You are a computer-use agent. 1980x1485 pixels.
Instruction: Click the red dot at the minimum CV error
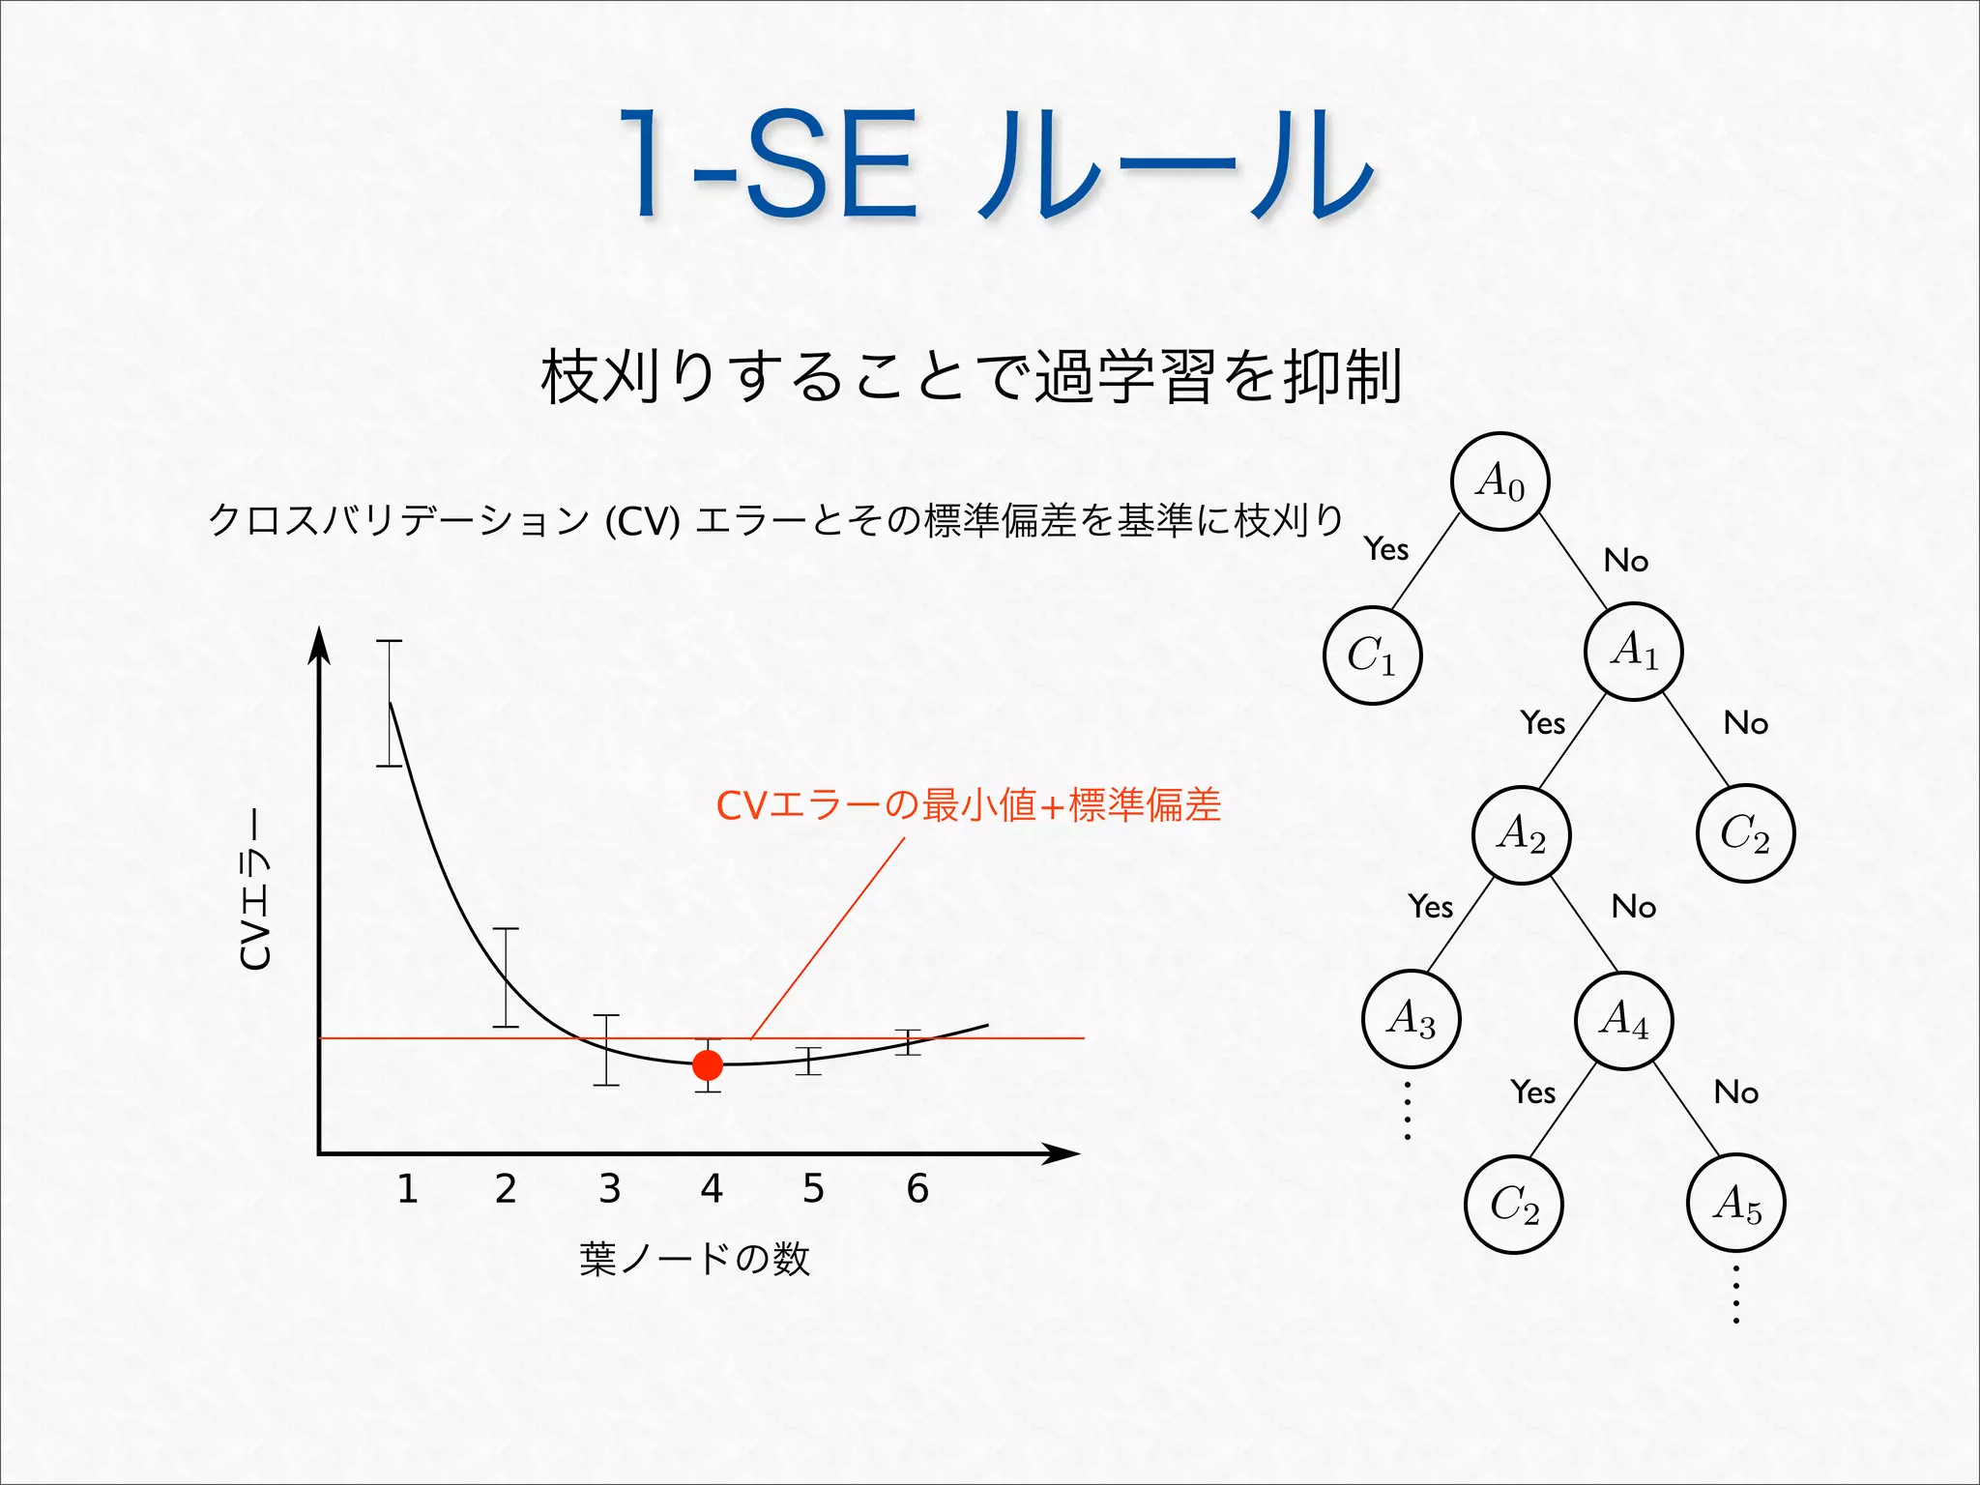[x=708, y=1065]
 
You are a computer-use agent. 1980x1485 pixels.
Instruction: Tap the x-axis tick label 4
[x=712, y=1188]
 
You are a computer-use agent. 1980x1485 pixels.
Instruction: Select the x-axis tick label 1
[x=407, y=1188]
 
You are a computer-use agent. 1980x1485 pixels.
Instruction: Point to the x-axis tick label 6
[x=917, y=1188]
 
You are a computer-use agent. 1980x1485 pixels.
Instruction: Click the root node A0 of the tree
[x=1500, y=480]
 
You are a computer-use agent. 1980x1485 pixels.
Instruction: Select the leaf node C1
[x=1372, y=655]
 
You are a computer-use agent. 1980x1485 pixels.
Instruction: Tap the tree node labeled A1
[x=1634, y=651]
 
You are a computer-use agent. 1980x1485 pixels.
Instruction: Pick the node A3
[x=1411, y=1018]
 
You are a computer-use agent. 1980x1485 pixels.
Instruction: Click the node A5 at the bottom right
[x=1736, y=1204]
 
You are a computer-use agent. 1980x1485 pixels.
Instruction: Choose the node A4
[x=1624, y=1019]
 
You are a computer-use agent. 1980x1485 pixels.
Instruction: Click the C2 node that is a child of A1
[x=1745, y=833]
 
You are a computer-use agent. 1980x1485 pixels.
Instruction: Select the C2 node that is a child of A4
[x=1514, y=1205]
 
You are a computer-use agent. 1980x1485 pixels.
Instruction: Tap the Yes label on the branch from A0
[x=1386, y=549]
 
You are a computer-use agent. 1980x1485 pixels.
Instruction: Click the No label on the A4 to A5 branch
[x=1736, y=1092]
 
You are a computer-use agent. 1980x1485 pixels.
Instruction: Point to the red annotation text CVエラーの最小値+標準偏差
[x=968, y=804]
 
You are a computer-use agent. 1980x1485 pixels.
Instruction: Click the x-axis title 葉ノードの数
[x=694, y=1259]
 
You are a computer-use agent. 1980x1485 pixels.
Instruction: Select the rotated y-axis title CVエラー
[x=255, y=888]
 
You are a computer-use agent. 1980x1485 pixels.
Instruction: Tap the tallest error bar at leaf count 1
[x=390, y=703]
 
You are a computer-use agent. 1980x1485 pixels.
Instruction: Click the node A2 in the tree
[x=1522, y=834]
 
